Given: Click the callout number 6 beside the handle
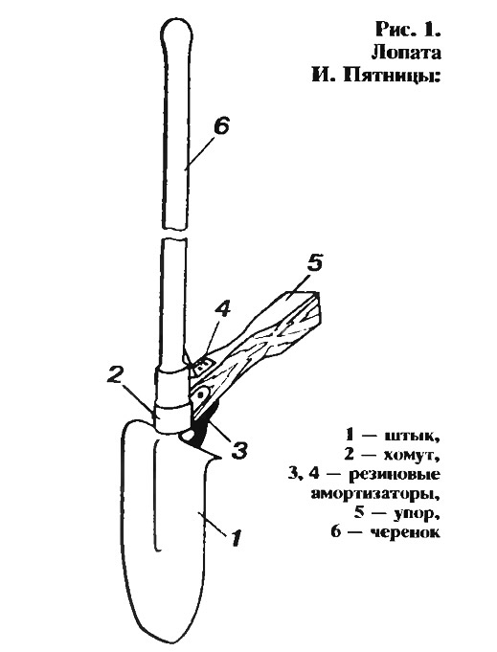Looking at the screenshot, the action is click(x=221, y=126).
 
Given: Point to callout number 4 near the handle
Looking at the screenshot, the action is click(x=222, y=310).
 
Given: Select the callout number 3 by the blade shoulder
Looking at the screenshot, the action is click(x=238, y=449).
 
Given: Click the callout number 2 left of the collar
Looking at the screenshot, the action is click(x=116, y=375).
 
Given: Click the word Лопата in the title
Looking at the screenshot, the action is click(x=405, y=54).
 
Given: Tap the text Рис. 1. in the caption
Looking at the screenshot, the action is click(x=408, y=30).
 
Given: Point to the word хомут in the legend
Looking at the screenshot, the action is click(x=413, y=455).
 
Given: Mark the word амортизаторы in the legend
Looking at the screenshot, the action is click(x=375, y=495).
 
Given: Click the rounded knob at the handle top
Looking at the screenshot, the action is click(x=177, y=30).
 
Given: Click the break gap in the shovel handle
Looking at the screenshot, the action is click(x=174, y=233).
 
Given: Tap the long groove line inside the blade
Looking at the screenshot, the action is click(x=156, y=495).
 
